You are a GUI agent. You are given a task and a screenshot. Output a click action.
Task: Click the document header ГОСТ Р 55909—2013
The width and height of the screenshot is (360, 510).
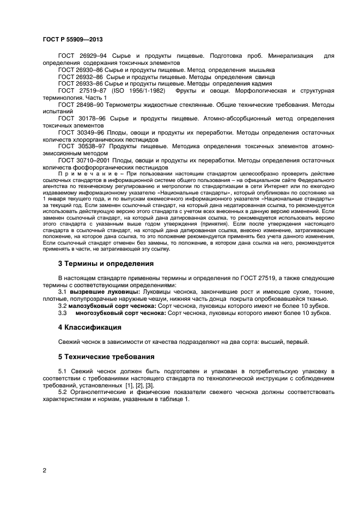point(72,40)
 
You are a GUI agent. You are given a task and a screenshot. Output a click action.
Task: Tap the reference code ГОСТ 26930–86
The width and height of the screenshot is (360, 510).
point(80,70)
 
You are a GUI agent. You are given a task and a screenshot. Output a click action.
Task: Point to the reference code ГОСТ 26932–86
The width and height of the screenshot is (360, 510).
point(80,77)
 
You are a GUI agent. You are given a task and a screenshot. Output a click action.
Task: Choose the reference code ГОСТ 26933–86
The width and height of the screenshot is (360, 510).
point(80,84)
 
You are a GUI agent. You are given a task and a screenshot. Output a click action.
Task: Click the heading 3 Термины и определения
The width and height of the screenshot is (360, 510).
point(105,264)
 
